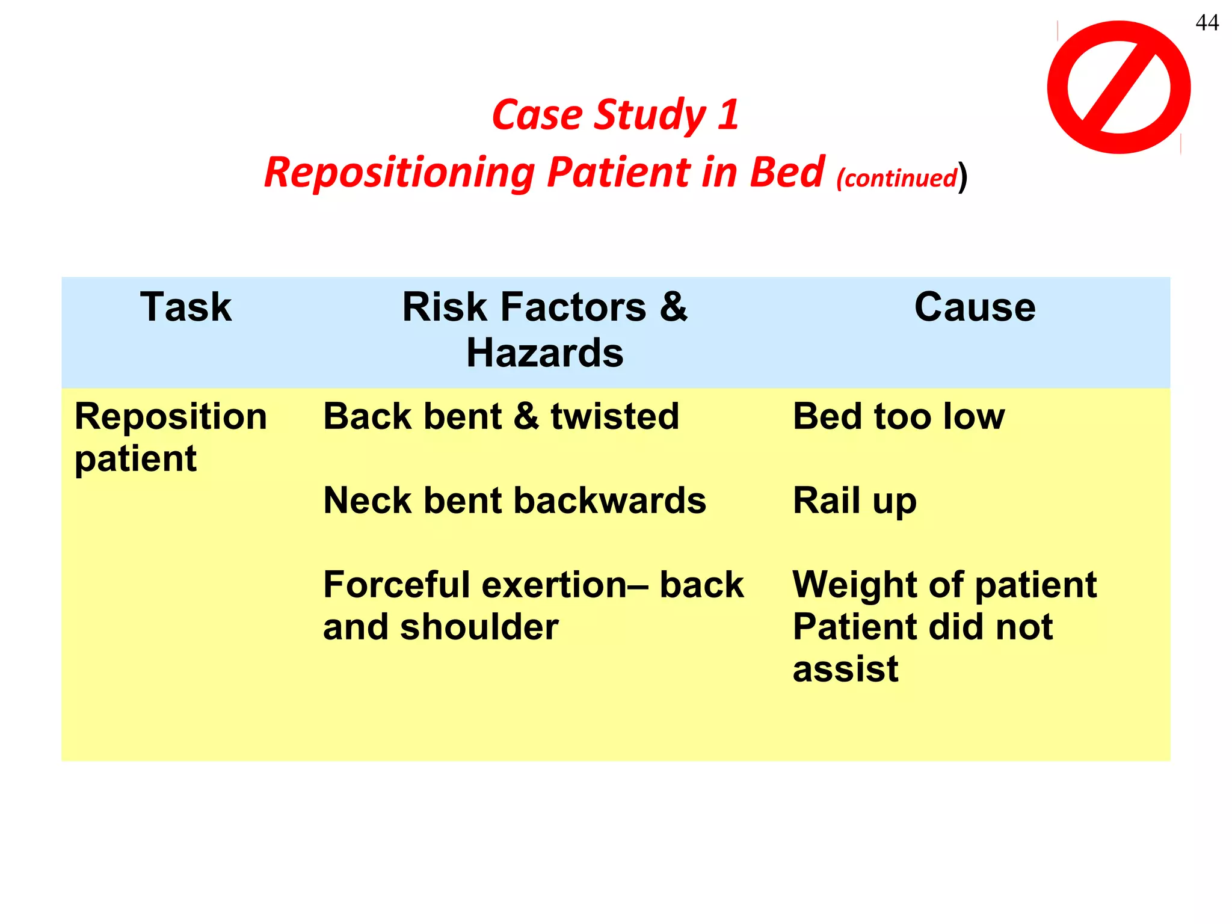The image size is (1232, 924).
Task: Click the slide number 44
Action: pyautogui.click(x=1207, y=23)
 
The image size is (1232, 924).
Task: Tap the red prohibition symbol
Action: pyautogui.click(x=1118, y=87)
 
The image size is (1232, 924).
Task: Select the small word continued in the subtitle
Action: pyautogui.click(x=896, y=178)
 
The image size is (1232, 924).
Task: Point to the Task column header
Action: pyautogui.click(x=186, y=307)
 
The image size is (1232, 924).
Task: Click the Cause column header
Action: pyautogui.click(x=975, y=307)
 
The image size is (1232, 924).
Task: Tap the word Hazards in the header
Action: pyautogui.click(x=544, y=353)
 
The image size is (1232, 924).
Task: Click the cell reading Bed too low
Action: pyautogui.click(x=898, y=416)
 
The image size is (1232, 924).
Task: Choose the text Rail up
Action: pyautogui.click(x=854, y=500)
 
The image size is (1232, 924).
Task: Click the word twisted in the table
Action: pyautogui.click(x=615, y=416)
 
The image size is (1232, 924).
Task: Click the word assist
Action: pyautogui.click(x=845, y=669)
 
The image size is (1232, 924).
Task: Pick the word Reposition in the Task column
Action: pyautogui.click(x=170, y=416)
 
